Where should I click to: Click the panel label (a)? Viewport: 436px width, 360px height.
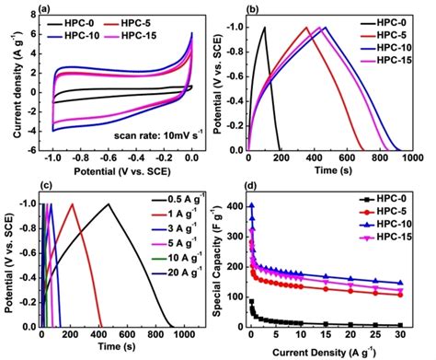point(41,13)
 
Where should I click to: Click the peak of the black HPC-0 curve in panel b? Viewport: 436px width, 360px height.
point(264,27)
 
